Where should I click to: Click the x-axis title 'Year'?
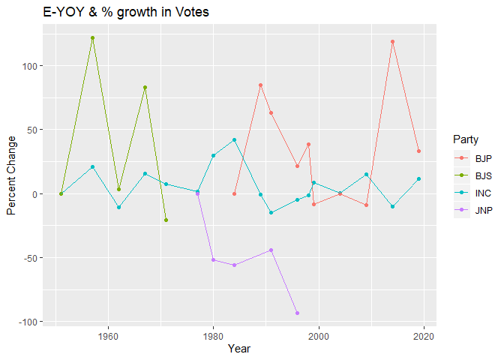(239, 349)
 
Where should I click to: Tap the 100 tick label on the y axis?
(34, 66)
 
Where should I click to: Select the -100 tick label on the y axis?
(32, 322)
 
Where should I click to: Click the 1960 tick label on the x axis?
(108, 335)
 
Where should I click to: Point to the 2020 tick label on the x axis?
(424, 335)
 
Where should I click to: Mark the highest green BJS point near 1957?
(92, 37)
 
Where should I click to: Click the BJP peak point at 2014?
(392, 42)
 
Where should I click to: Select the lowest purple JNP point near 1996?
(297, 313)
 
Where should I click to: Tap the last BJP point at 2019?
(418, 151)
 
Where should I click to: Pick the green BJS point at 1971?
(166, 220)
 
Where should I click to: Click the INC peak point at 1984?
(234, 139)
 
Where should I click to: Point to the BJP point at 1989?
(260, 85)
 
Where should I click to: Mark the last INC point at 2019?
(418, 178)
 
